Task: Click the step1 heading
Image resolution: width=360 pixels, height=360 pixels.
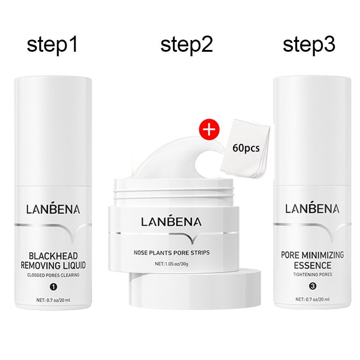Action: pyautogui.click(x=53, y=45)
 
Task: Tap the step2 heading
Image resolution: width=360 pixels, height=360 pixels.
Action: pyautogui.click(x=186, y=45)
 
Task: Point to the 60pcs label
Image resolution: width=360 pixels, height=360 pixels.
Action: pyautogui.click(x=246, y=148)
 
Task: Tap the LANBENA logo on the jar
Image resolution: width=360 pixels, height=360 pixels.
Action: pyautogui.click(x=171, y=221)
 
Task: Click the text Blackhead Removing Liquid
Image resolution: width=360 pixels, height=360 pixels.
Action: pyautogui.click(x=53, y=259)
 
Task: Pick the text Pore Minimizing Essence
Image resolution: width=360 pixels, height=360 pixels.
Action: pyautogui.click(x=312, y=260)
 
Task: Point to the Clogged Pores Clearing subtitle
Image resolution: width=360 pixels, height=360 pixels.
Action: pyautogui.click(x=53, y=275)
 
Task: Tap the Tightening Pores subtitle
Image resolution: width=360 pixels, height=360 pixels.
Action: pyautogui.click(x=312, y=275)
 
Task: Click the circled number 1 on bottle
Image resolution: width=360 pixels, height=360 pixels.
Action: pyautogui.click(x=53, y=285)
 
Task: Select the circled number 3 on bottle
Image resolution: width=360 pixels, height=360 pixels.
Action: pyautogui.click(x=312, y=285)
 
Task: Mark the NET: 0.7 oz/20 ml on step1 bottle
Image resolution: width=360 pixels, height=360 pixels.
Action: pyautogui.click(x=53, y=299)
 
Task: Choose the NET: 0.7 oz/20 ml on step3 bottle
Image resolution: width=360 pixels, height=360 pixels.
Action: pyautogui.click(x=312, y=299)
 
